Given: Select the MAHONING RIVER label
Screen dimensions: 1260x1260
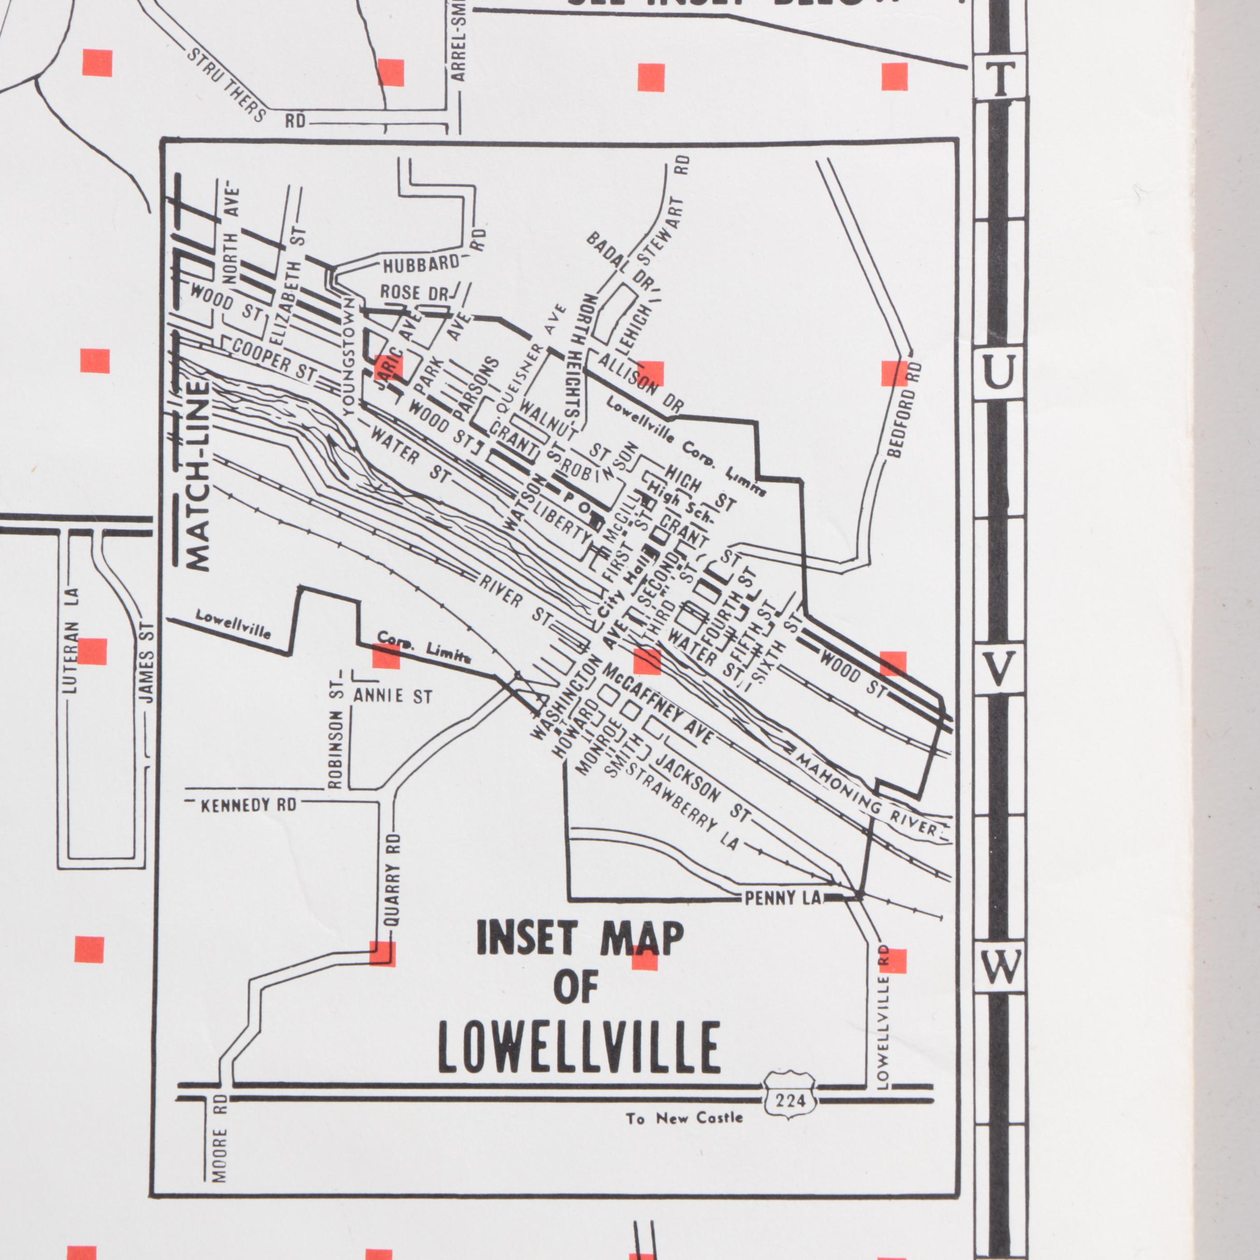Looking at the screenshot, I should pos(868,796).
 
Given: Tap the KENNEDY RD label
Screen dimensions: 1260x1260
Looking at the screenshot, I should pos(249,805).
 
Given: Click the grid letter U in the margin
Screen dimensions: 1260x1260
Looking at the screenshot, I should pos(998,375).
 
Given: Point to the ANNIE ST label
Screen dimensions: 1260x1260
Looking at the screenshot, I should pos(393,696).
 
